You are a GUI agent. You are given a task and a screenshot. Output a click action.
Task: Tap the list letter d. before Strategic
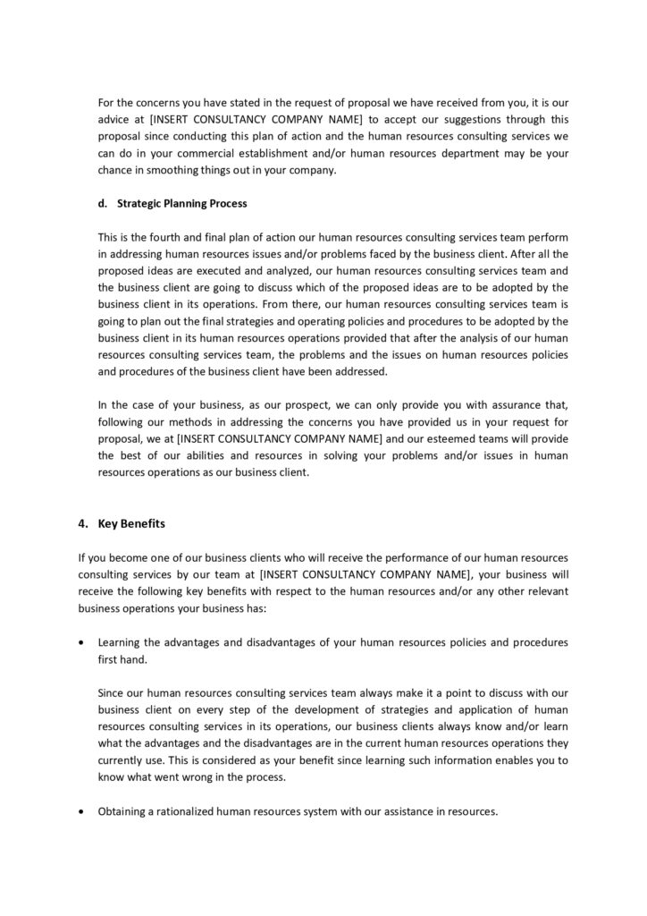coord(103,203)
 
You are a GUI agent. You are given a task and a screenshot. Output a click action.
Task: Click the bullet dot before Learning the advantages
coord(83,643)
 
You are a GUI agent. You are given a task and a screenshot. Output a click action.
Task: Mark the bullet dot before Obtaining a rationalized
coord(83,812)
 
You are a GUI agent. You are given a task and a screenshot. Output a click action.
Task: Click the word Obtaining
coord(125,812)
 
